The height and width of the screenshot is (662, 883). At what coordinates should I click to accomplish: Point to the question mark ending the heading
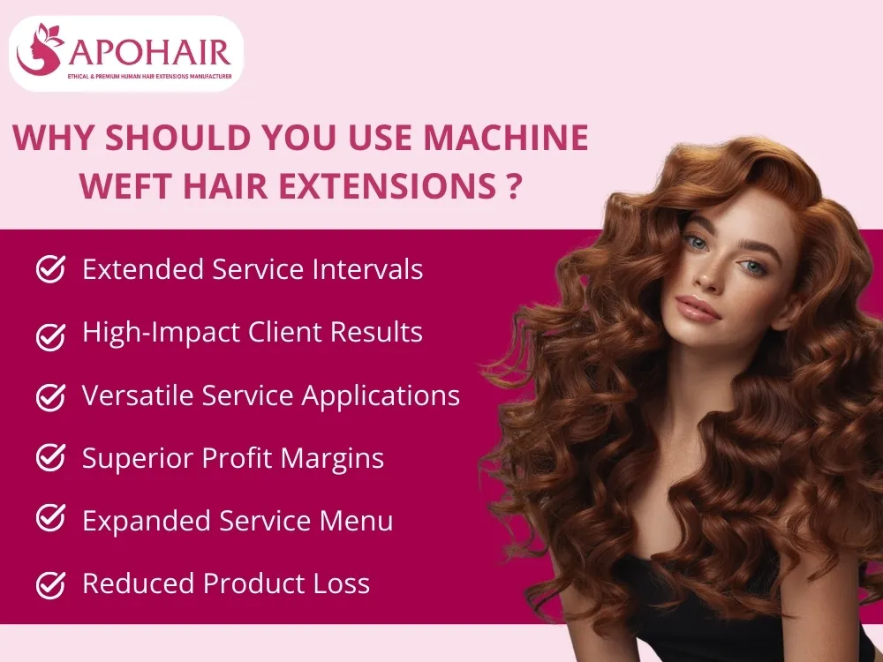509,186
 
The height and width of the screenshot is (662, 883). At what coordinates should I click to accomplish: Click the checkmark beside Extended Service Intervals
50,269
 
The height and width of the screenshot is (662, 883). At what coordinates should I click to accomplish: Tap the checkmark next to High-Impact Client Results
50,334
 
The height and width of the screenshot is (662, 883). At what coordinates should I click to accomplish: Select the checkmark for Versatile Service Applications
50,396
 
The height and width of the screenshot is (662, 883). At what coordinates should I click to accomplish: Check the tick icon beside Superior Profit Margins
50,458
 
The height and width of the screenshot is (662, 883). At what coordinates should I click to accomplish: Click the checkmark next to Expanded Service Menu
50,521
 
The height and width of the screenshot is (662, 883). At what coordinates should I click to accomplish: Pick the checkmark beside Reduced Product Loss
50,583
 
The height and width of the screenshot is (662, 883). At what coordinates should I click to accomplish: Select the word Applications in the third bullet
381,396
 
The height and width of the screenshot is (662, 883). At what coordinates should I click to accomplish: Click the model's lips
698,309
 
